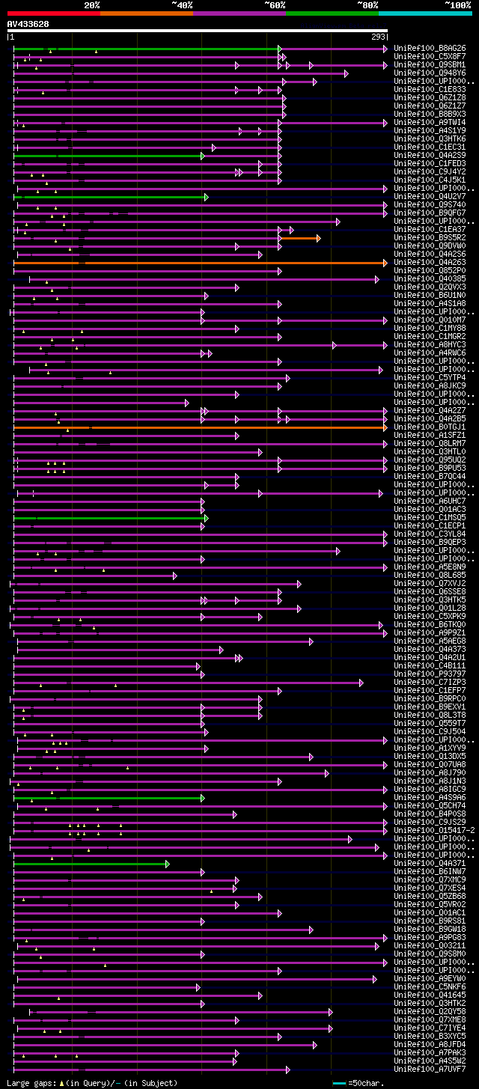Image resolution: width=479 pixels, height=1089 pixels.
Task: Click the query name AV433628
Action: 28,24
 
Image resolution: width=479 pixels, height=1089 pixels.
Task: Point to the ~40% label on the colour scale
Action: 182,5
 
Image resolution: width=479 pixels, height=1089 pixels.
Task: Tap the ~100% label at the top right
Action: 457,5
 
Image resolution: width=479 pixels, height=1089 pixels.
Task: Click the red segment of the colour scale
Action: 53,13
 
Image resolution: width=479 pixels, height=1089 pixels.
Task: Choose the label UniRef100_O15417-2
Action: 433,831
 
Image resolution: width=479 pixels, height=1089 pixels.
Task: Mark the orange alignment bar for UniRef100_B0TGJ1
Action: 225,427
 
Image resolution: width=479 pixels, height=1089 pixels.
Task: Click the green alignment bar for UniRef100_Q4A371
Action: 90,864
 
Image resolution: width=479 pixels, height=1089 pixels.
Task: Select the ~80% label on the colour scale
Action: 367,5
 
